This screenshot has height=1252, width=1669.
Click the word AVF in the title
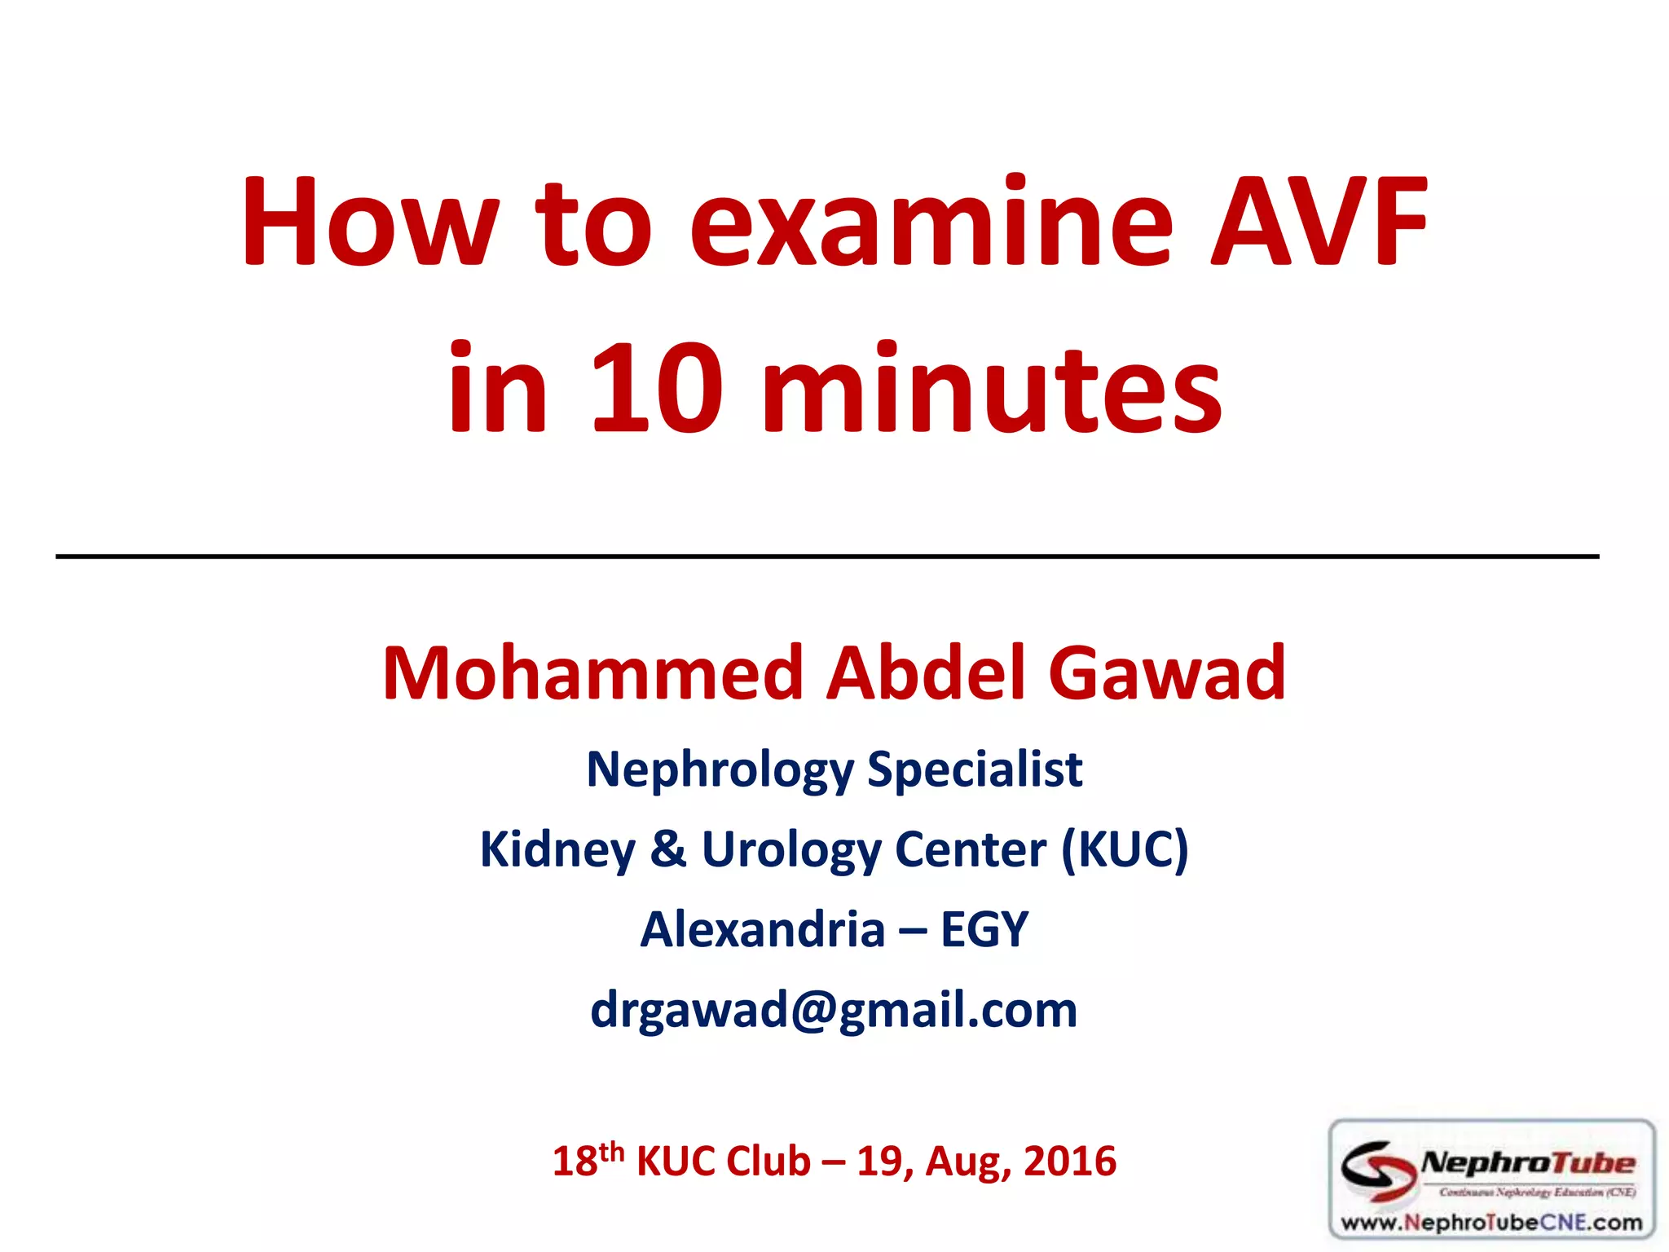(x=1319, y=222)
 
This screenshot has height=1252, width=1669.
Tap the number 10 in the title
(x=657, y=388)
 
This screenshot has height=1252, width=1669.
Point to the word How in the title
(x=369, y=222)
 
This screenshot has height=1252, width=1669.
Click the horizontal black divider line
(x=826, y=557)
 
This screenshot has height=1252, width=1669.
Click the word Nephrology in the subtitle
(x=720, y=769)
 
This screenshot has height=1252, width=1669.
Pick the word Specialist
(x=975, y=769)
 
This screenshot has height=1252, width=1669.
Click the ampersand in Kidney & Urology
(x=668, y=849)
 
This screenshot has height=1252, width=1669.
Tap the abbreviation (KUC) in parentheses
(x=1125, y=849)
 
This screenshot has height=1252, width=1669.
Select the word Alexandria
(x=763, y=929)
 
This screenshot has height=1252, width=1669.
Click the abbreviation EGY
(x=984, y=929)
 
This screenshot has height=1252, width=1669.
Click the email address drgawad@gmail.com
(x=834, y=1009)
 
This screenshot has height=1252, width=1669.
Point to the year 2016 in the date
(x=1069, y=1162)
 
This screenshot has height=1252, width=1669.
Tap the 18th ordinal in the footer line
(x=588, y=1160)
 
